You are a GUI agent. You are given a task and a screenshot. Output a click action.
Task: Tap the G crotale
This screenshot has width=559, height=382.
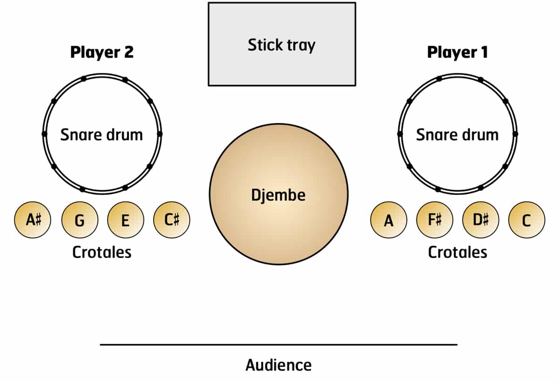(80, 220)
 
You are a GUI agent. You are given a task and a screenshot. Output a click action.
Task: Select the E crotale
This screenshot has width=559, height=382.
(125, 220)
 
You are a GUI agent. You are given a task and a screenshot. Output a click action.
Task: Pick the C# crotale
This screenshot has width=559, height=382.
(171, 220)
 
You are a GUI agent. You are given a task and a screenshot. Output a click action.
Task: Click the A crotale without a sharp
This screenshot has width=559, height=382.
(389, 220)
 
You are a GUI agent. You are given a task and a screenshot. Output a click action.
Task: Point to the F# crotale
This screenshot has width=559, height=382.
(435, 220)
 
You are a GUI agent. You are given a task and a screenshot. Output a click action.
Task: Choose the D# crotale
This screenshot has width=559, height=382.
(480, 220)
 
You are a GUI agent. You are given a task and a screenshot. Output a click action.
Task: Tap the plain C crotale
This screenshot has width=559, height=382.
(526, 220)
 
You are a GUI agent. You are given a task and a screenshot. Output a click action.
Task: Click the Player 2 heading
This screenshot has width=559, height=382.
(102, 52)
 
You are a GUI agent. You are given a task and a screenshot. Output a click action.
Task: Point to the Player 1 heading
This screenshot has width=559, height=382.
(457, 52)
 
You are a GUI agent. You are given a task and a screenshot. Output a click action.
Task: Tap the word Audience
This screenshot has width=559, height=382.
(279, 365)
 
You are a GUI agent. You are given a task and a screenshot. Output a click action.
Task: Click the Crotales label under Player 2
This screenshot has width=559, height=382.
(102, 252)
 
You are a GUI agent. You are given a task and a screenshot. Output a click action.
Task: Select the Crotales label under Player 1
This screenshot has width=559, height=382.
(457, 252)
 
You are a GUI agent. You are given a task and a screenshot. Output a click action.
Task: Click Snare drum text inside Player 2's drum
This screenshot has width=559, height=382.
(102, 135)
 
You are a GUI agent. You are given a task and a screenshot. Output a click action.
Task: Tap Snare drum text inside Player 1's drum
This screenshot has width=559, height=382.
(457, 135)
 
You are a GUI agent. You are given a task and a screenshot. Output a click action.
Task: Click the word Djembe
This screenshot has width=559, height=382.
(279, 194)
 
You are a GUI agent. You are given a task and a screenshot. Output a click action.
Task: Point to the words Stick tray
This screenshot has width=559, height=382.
(281, 45)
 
